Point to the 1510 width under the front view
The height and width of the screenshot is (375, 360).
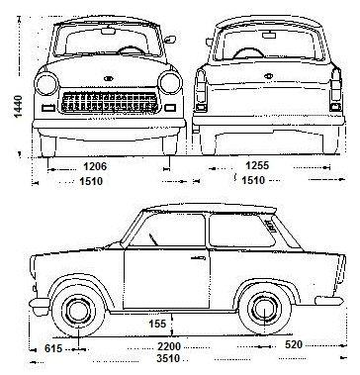[93, 182]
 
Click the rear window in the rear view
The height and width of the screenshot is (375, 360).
[257, 42]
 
